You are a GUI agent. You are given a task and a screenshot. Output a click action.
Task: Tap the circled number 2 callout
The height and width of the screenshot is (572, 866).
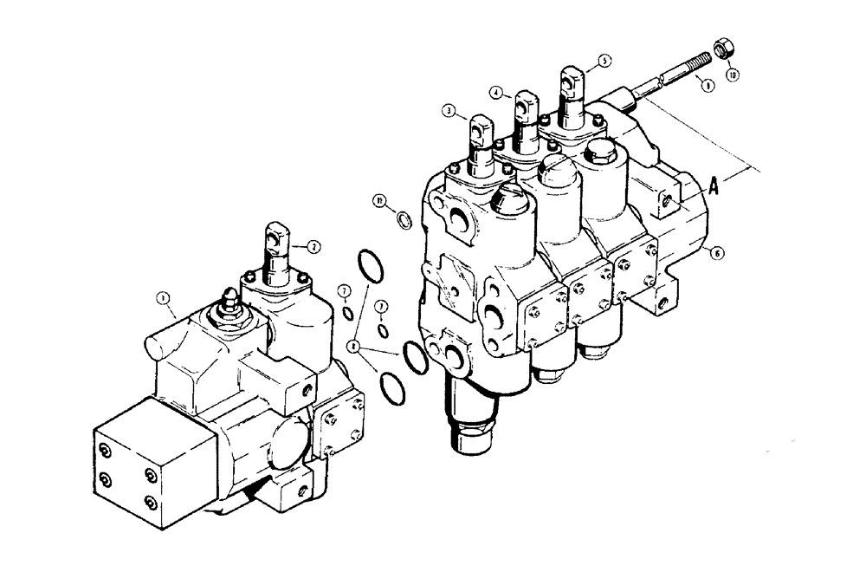coord(314,246)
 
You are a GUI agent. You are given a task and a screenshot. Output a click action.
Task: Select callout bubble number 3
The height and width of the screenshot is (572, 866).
coord(448,111)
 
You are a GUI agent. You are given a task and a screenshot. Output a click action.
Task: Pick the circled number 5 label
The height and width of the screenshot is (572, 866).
coord(604,62)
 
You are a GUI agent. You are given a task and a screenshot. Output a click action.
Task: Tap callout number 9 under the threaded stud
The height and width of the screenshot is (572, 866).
coord(708,86)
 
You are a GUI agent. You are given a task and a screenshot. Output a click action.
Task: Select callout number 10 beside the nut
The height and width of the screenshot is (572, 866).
coord(734,75)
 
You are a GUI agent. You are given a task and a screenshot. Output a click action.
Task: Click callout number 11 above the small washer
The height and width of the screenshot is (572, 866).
coord(378,201)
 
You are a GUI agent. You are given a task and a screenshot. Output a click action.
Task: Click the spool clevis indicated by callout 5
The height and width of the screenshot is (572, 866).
coord(570,80)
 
